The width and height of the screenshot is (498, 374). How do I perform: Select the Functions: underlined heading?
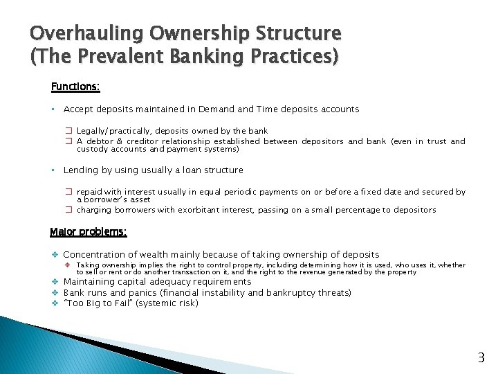point(75,87)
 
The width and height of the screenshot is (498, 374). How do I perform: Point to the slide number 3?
point(481,358)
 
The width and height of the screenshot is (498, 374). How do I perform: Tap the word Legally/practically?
point(113,131)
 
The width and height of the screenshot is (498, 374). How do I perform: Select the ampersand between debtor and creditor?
point(110,141)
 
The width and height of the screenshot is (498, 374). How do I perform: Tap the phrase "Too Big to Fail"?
point(96,303)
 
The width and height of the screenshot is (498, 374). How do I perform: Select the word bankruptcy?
point(279,293)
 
